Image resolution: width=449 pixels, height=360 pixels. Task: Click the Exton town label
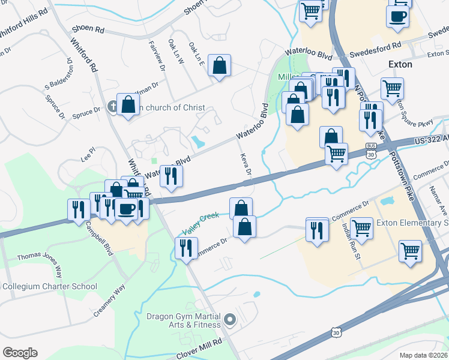400,64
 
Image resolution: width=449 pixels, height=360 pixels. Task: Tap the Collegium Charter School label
49,286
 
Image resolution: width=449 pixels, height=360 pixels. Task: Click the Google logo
20,353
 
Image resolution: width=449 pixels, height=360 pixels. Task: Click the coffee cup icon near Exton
397,17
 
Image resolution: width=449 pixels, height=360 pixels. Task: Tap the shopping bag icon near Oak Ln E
220,67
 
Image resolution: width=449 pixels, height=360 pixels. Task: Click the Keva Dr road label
245,164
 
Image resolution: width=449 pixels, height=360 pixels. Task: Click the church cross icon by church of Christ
112,107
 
